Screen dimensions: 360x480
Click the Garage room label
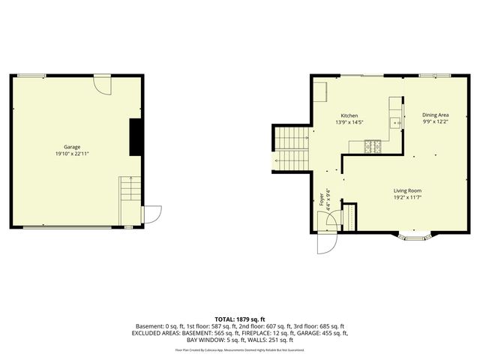pos(72,147)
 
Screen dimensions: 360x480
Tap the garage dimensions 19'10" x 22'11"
pos(72,154)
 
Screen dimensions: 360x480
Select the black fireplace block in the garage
pos(136,136)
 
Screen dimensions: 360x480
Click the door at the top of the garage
pos(103,83)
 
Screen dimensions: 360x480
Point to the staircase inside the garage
pos(130,188)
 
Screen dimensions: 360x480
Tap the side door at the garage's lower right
pos(151,214)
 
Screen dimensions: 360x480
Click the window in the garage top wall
pos(31,75)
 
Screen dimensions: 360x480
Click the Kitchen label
pos(349,115)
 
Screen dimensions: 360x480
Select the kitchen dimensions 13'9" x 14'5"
pos(349,122)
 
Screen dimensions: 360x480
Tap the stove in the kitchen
pos(373,146)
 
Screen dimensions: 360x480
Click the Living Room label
pos(408,190)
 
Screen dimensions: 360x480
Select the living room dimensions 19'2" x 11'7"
pos(408,197)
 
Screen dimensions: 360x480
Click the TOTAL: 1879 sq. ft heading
pos(240,319)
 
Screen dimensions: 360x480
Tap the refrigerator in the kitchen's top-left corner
pos(321,91)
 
